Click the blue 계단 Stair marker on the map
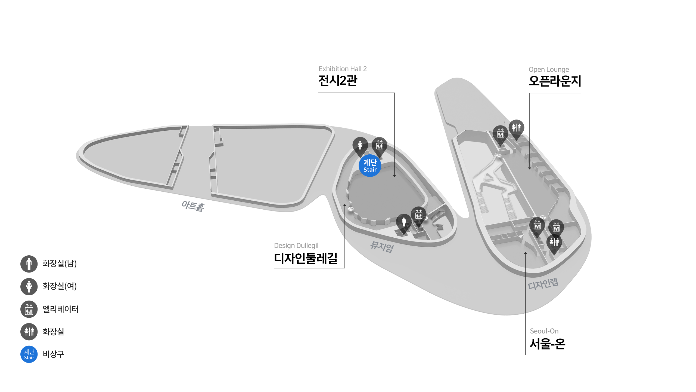[370, 166]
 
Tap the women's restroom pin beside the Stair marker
[360, 146]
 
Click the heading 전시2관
[338, 81]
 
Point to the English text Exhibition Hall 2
[343, 69]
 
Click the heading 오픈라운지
[555, 81]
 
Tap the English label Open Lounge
[549, 69]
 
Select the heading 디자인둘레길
[306, 258]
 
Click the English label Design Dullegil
[296, 246]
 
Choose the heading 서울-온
[547, 344]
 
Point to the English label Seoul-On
[544, 331]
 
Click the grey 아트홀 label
[193, 206]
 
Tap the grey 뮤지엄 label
[382, 247]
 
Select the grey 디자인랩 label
[543, 284]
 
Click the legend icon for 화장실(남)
[29, 264]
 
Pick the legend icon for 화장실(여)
[29, 286]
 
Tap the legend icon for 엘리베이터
[29, 309]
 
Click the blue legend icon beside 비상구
[29, 354]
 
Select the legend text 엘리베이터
[60, 309]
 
